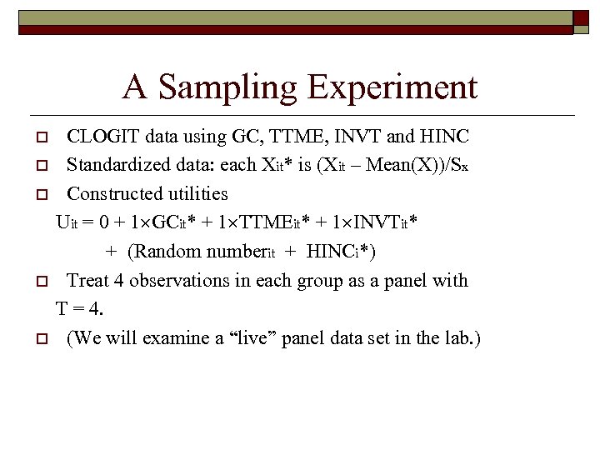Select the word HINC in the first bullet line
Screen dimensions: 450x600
point(445,136)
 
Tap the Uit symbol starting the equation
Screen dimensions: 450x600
point(67,223)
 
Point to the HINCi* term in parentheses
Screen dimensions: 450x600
point(338,252)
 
